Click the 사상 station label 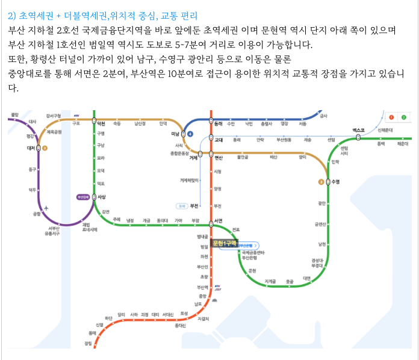(102, 197)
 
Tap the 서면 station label (219, 220)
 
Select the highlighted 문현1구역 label (226, 243)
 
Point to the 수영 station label (336, 182)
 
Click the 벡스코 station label (359, 130)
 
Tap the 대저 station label (31, 148)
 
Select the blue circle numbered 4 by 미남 (190, 134)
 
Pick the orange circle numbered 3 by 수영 (321, 182)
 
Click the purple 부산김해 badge (83, 197)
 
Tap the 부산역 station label (202, 287)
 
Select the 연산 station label (219, 158)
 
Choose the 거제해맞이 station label (189, 180)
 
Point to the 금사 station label (324, 116)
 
